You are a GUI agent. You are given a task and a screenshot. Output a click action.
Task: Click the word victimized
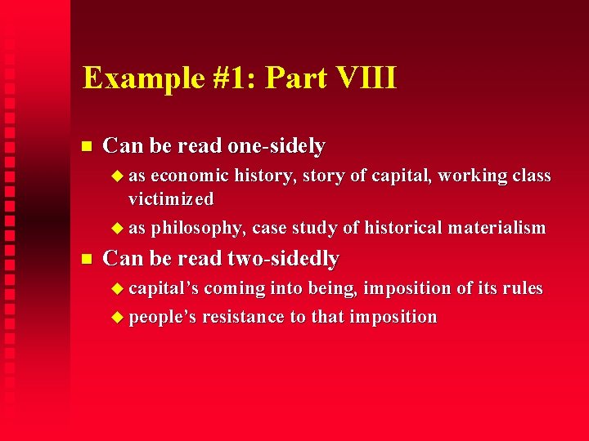pyautogui.click(x=171, y=199)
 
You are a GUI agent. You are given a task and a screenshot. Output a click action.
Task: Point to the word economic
pyautogui.click(x=190, y=176)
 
